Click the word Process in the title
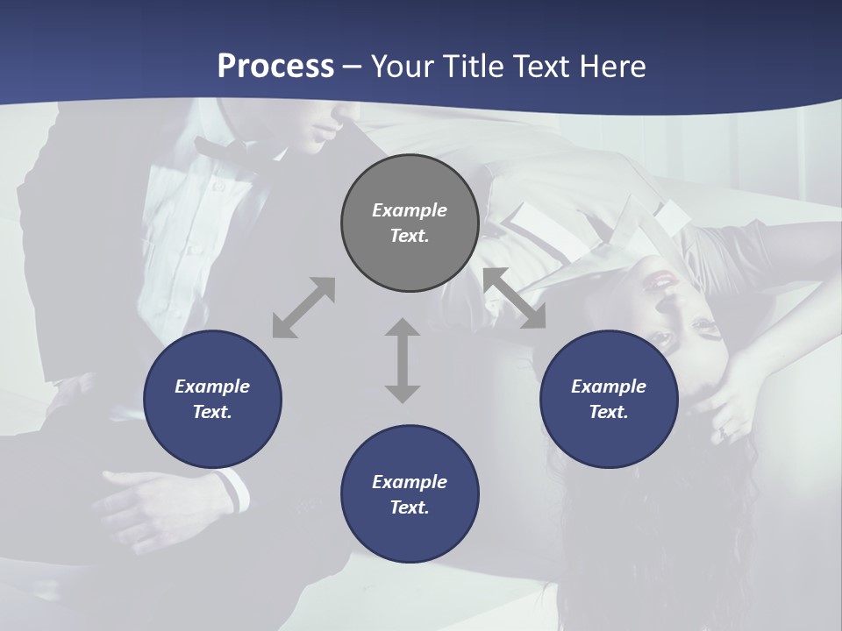275,67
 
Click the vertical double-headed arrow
403,360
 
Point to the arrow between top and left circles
303,308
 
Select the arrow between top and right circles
515,299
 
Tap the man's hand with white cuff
167,493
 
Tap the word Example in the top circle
410,210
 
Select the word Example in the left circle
212,386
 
